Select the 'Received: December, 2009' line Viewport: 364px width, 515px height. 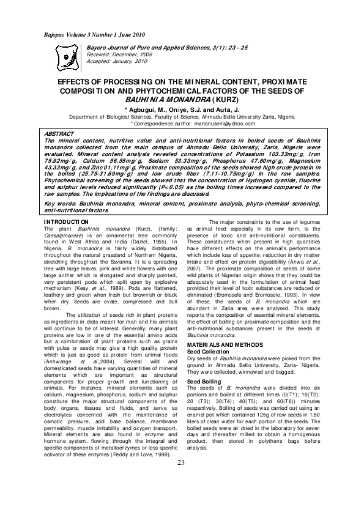(119, 54)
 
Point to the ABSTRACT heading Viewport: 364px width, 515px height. (59, 133)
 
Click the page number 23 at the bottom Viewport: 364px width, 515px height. (181, 479)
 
